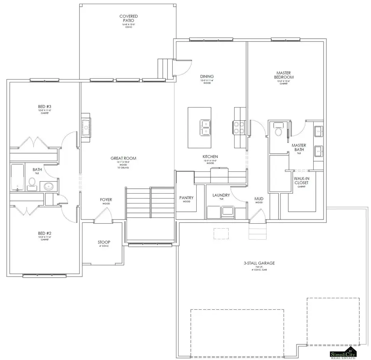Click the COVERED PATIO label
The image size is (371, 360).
pos(129,19)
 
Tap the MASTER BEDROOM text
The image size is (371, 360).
pos(284,75)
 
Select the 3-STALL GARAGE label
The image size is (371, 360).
pos(259,263)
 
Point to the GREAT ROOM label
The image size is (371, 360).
pos(123,158)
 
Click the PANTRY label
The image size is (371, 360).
pos(186,198)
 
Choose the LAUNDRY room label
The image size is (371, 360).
pos(221,195)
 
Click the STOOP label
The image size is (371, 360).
pos(103,242)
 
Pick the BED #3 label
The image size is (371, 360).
pos(44,106)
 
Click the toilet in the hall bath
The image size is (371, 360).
pos(31,182)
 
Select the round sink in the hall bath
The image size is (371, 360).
pos(48,187)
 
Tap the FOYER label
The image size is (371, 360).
pos(106,200)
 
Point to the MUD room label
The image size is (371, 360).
pos(259,199)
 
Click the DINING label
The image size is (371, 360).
pos(207,77)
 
